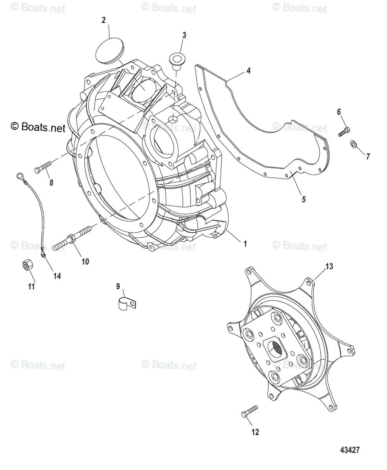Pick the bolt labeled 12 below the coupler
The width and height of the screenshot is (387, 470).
click(249, 412)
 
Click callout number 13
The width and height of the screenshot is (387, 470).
click(329, 267)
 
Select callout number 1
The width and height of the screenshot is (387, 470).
click(245, 244)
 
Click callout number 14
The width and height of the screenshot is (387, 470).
click(57, 276)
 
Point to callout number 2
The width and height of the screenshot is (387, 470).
click(104, 20)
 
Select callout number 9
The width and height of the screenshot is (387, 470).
click(118, 286)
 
